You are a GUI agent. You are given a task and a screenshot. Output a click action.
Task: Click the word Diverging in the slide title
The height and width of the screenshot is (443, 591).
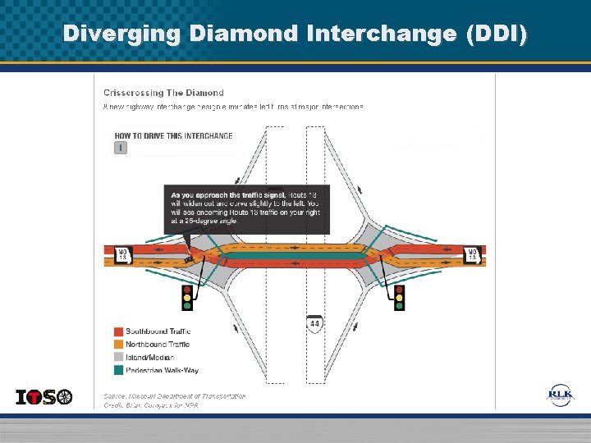pos(121,34)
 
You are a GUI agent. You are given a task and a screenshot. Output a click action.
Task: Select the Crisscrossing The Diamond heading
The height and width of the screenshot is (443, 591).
pos(163,93)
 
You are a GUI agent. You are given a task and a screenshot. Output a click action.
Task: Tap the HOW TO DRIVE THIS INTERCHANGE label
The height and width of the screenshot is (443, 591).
pos(173,135)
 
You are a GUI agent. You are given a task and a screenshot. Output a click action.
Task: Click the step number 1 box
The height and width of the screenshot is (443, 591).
pos(121,148)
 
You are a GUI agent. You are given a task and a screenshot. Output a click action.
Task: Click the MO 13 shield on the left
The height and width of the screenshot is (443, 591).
pos(121,255)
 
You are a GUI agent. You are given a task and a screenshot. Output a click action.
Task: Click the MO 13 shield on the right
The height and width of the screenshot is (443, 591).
pos(471,255)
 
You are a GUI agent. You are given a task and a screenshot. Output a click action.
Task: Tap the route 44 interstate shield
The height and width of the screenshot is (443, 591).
pos(314,323)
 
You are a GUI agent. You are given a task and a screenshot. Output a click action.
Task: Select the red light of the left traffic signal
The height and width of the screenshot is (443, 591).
pos(187,290)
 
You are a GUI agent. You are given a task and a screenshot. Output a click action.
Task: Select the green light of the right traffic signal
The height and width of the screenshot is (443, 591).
pos(400,306)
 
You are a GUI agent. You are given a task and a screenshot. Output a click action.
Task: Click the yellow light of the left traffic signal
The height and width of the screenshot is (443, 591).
pos(187,298)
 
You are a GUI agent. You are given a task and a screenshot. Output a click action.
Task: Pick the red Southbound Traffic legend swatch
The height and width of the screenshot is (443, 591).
pos(119,331)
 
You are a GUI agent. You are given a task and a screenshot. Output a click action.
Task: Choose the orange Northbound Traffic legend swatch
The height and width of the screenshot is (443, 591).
pos(119,345)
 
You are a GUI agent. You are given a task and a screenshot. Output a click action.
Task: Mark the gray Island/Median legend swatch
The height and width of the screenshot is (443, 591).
pos(119,358)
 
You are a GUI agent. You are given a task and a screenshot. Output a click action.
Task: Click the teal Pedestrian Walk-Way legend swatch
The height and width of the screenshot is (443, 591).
pos(119,371)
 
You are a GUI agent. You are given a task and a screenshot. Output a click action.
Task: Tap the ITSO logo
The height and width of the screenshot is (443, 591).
pos(44,397)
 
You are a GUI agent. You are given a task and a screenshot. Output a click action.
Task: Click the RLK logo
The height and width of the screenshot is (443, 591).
pos(561,395)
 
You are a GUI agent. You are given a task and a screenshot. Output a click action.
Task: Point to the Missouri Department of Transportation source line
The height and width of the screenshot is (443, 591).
pos(174,395)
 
